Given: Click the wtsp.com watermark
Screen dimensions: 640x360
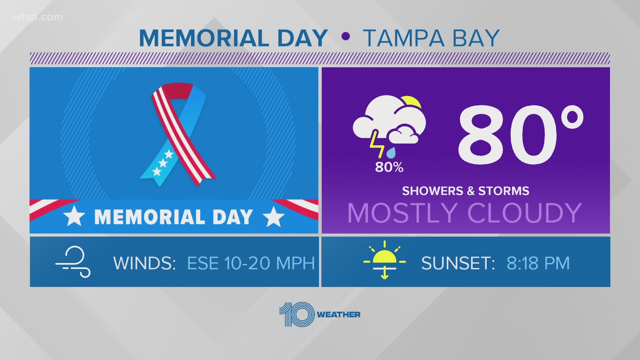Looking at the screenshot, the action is [37, 17].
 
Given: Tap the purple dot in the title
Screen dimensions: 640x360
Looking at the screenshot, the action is [346, 36].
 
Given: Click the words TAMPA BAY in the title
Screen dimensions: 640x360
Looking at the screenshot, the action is [431, 38].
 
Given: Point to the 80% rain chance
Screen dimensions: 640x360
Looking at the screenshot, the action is [389, 167].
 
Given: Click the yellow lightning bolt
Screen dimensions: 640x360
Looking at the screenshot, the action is [376, 144].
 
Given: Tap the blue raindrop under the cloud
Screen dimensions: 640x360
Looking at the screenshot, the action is [391, 153].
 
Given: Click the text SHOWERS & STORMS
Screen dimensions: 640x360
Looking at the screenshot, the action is [465, 191].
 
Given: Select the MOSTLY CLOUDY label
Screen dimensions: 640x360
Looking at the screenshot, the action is [465, 213].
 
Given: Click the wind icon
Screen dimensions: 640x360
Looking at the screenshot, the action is [73, 262].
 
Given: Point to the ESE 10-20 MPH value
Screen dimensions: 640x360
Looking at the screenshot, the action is [251, 263].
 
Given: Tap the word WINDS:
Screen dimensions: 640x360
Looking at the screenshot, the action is [145, 263].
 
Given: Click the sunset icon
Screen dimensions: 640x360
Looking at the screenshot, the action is [385, 259].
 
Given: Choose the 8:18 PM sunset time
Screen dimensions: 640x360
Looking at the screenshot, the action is [538, 263].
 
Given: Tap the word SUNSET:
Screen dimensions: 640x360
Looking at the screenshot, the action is [458, 263].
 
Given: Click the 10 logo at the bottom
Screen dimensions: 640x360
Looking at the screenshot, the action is [297, 314].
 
